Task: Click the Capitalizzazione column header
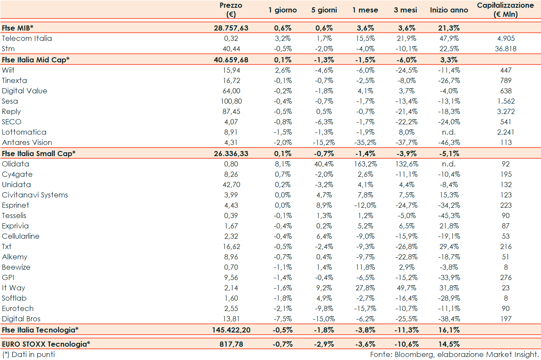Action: [505, 10]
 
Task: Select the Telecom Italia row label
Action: [27, 38]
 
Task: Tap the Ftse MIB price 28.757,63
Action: [231, 28]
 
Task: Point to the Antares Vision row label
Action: [27, 142]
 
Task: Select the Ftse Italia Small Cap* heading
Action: [39, 153]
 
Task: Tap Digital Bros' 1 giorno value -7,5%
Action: [283, 319]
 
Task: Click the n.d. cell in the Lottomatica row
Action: [449, 132]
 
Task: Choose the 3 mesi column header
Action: [405, 10]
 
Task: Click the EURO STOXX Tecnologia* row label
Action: [46, 344]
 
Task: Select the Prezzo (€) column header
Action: [231, 10]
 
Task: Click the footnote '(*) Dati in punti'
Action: [28, 354]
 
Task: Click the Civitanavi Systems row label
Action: [35, 195]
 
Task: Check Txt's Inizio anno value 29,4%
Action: [449, 246]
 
